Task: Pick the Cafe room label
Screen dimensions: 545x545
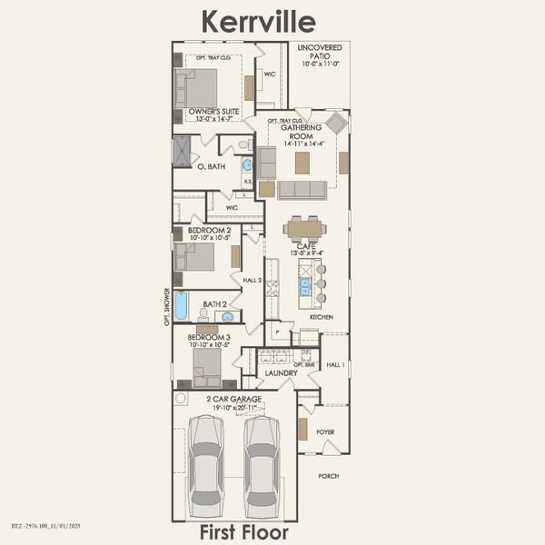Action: coord(305,246)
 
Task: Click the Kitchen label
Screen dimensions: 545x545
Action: coord(321,317)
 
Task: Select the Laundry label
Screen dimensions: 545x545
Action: coord(282,372)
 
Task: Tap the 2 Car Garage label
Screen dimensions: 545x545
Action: coord(233,399)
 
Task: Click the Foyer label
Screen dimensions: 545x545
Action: coord(325,431)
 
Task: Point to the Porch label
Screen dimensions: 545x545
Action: coord(328,476)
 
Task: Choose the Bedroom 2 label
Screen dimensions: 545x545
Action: coord(209,231)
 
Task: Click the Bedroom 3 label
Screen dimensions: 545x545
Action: coord(210,337)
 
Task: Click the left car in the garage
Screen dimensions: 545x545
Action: coord(205,466)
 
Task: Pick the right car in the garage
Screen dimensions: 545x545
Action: coord(261,466)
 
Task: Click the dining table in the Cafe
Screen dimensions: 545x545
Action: coord(303,227)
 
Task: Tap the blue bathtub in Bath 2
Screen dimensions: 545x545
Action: coord(182,306)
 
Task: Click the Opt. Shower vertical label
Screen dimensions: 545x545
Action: coord(167,306)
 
